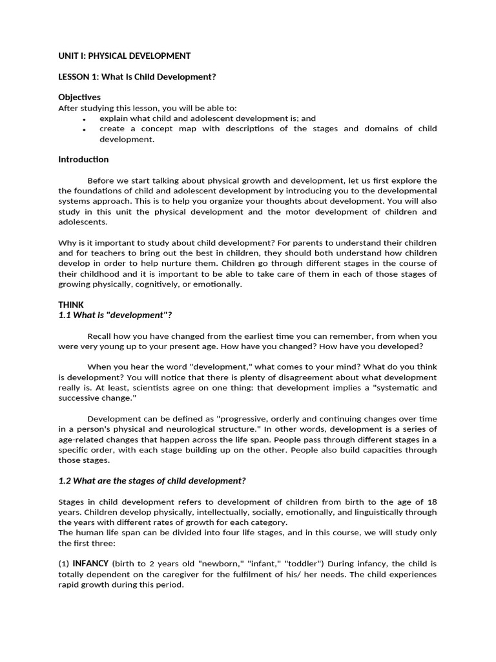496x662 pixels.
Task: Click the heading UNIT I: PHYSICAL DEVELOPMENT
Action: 124,56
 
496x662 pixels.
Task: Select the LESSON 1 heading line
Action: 137,77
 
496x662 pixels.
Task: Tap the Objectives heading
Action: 79,98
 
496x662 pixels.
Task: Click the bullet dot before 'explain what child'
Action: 85,119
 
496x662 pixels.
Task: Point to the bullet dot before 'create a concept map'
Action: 85,129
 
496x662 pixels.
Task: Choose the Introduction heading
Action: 83,160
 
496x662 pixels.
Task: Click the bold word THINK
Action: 71,304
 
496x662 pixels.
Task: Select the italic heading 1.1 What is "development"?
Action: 115,315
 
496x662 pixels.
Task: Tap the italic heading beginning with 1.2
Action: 152,480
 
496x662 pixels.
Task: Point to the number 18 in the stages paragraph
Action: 431,502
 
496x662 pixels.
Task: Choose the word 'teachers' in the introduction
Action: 94,253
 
